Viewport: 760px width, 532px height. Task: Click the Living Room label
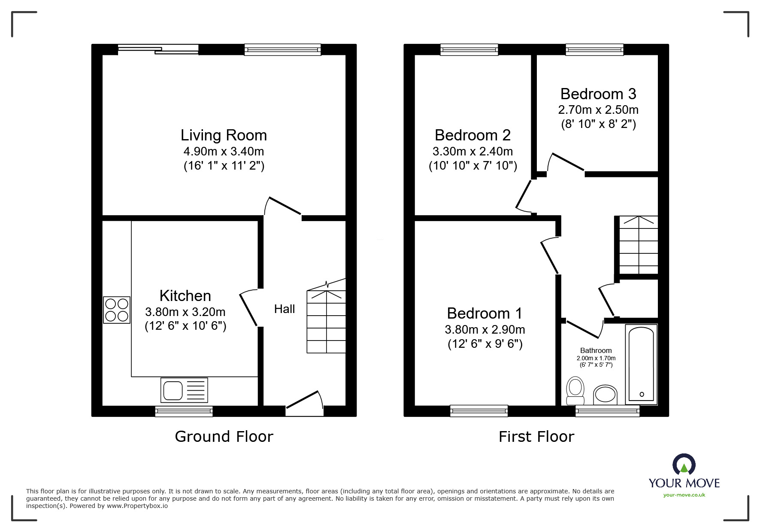[224, 135]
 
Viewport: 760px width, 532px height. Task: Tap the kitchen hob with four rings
[117, 310]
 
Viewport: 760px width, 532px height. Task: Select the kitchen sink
[184, 390]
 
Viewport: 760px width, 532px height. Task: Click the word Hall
[285, 309]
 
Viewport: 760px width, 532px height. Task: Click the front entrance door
[304, 404]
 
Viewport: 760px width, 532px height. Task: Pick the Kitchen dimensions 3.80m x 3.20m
[185, 312]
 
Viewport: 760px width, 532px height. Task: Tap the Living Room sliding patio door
[158, 49]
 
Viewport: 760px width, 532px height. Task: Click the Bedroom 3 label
[598, 94]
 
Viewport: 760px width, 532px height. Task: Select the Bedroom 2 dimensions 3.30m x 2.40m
[473, 151]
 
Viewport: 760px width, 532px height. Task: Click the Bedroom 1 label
[484, 313]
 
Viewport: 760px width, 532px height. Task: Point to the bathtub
[641, 364]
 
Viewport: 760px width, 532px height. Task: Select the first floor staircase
[638, 245]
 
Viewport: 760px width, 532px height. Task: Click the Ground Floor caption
[224, 437]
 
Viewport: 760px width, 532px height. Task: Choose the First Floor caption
[536, 437]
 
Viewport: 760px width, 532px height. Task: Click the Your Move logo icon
[684, 465]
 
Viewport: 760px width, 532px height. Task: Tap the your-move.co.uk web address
[684, 495]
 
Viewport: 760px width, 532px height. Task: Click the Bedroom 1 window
[479, 411]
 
